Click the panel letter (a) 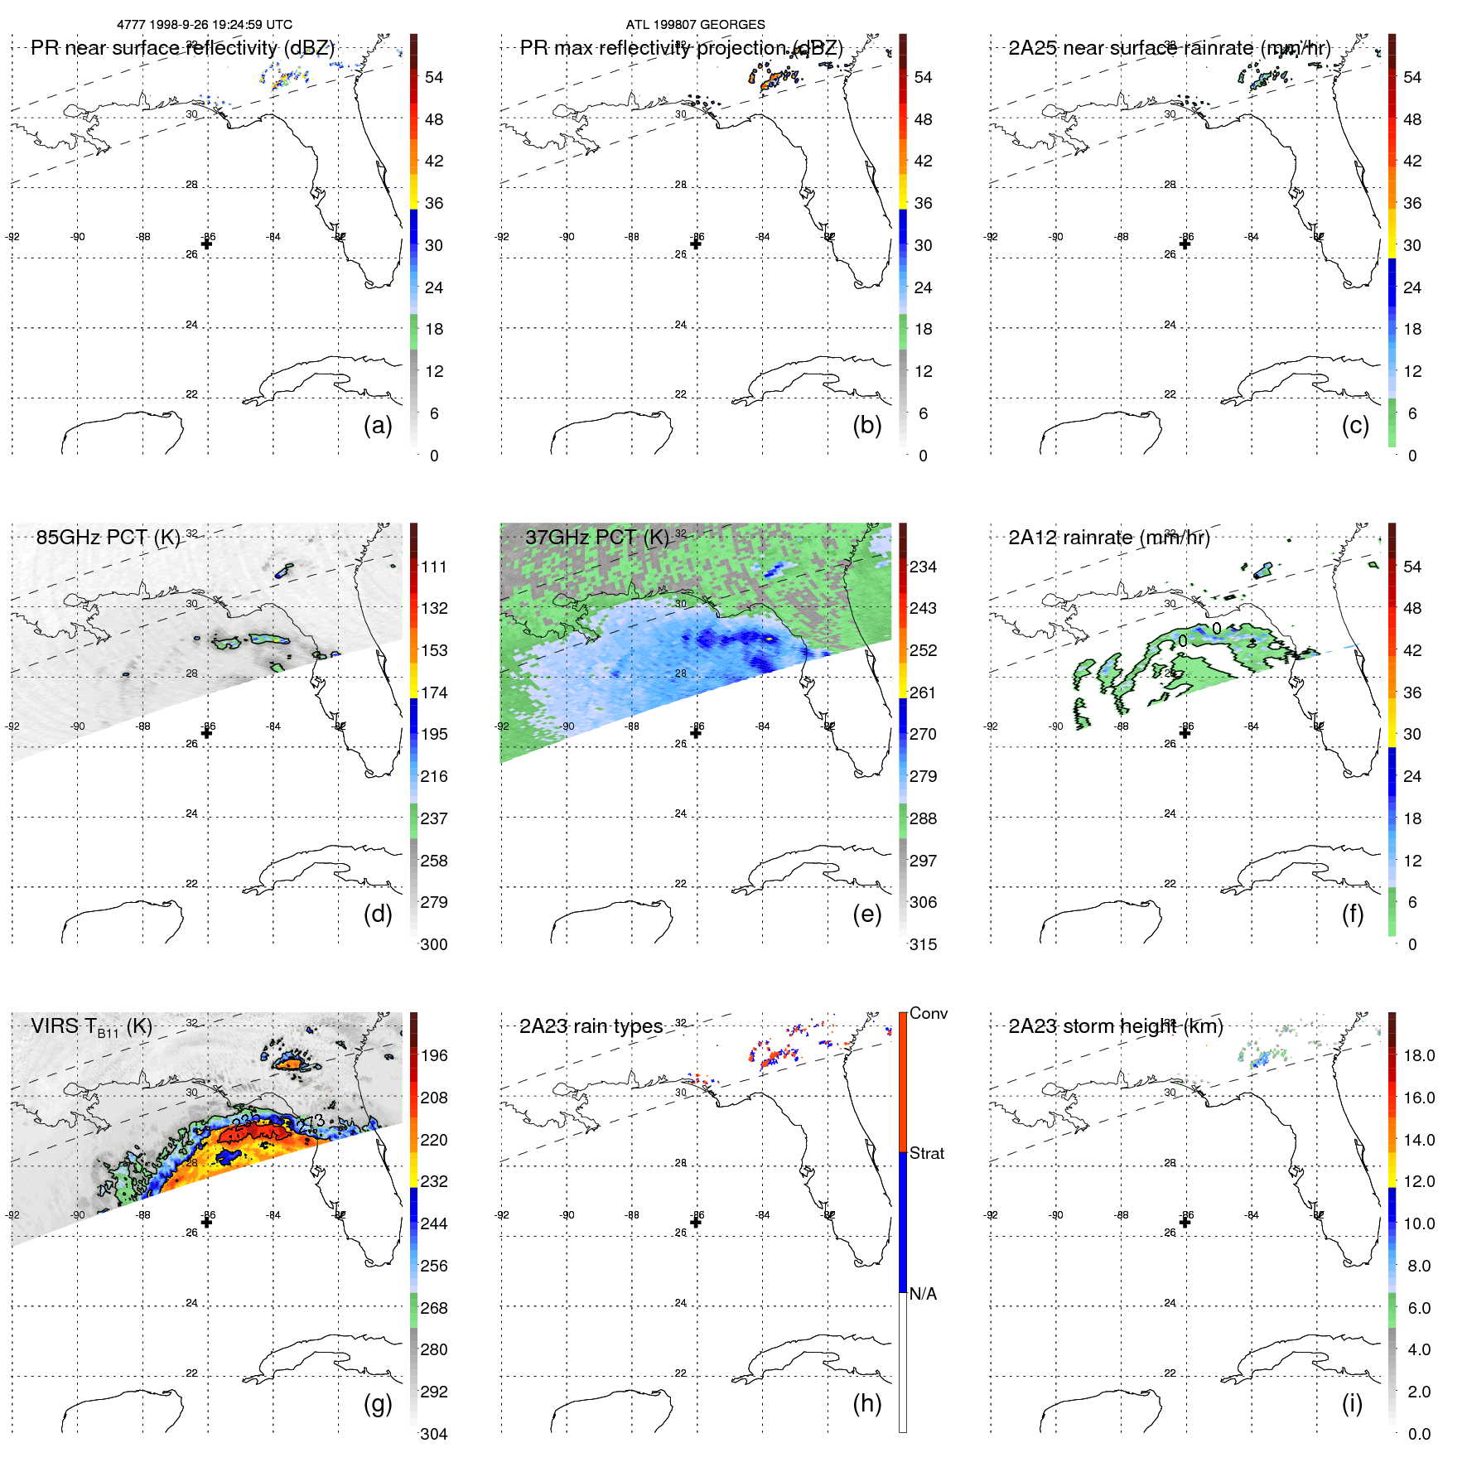point(378,426)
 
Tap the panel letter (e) point(866,914)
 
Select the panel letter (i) point(1352,1403)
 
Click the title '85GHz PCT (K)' point(108,537)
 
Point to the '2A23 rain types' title point(591,1026)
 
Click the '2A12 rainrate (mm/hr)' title point(1108,537)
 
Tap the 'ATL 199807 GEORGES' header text point(695,25)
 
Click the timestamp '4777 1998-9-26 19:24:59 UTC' point(205,25)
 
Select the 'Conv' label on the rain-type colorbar point(928,1013)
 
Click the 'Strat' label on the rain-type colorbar point(926,1153)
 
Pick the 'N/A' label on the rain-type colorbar point(923,1294)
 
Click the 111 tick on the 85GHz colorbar point(433,567)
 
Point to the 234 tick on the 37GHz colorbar point(923,567)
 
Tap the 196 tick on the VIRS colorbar point(433,1055)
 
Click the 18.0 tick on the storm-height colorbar point(1418,1055)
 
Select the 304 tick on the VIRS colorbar point(433,1434)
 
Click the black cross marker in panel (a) point(206,244)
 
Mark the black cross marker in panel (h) point(696,1222)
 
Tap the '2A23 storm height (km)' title point(1115,1026)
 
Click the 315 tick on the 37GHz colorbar point(923,944)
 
